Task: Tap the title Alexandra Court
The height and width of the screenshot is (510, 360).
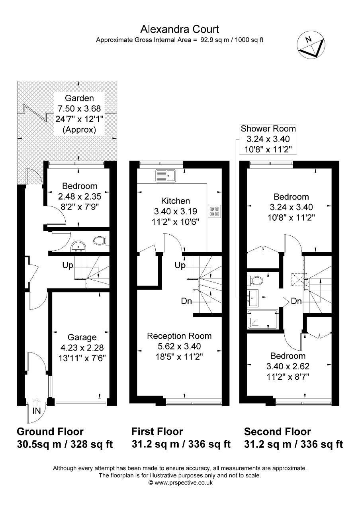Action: coord(180,29)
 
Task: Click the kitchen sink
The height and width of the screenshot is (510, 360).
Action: coord(166,174)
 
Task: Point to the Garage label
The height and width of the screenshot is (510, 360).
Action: coord(82,337)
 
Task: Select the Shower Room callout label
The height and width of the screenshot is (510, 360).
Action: coord(268,129)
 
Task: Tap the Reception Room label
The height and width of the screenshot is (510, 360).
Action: coord(179,336)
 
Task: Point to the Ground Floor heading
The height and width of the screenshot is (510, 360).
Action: coord(50,432)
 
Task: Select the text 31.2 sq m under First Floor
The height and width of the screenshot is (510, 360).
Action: coord(156,444)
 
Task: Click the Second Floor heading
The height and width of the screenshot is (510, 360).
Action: coord(277,432)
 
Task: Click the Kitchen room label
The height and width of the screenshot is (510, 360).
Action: coord(175,201)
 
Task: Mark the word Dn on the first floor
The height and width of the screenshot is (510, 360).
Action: coord(186,301)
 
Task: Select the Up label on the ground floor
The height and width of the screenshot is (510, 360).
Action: coord(67,264)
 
